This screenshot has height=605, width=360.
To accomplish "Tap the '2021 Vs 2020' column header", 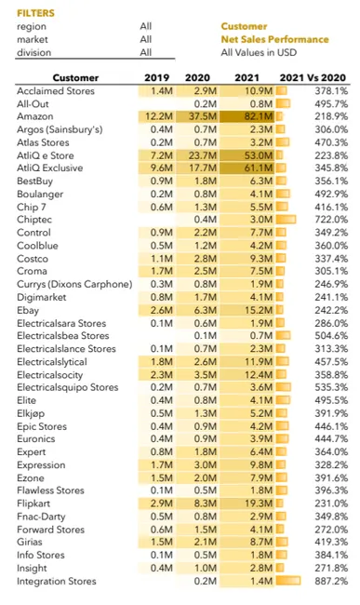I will click(x=322, y=77).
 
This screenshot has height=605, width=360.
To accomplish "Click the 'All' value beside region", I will click(x=146, y=27).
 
